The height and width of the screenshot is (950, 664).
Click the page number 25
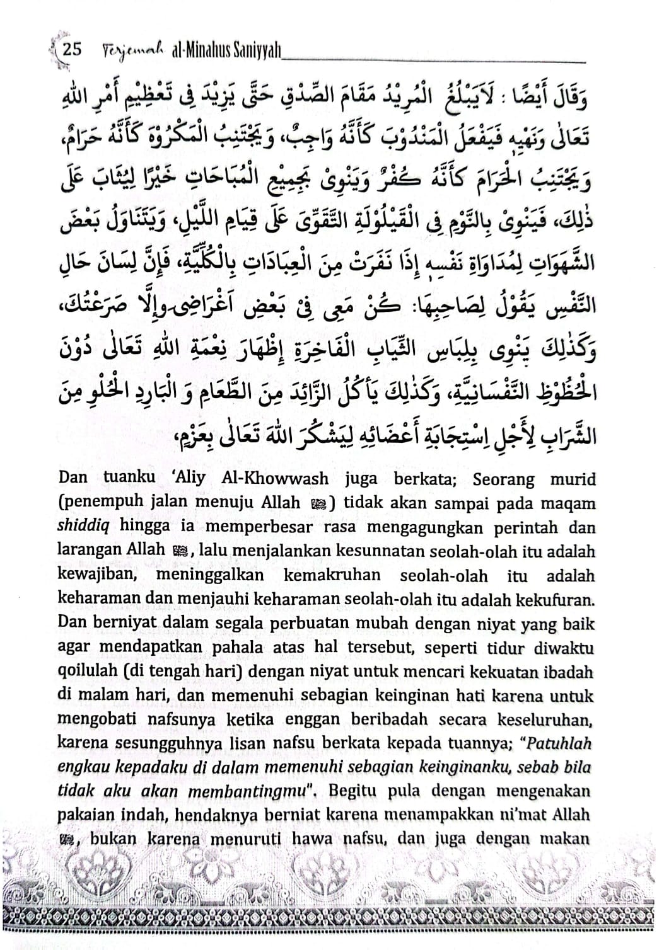pos(74,50)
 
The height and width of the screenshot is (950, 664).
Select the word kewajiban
pos(96,576)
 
